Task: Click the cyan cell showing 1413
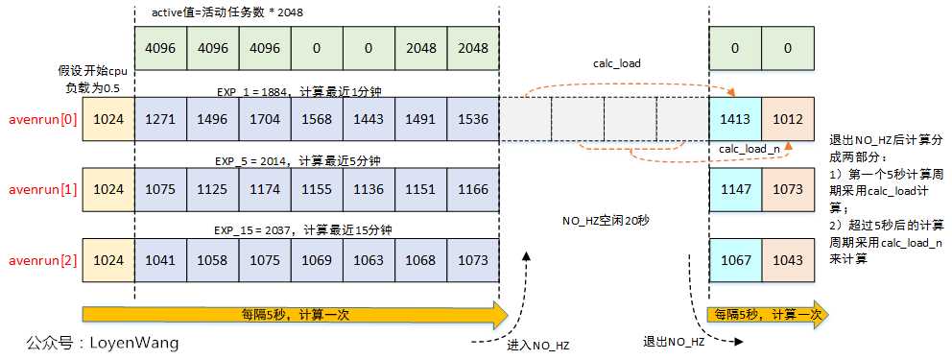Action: pyautogui.click(x=735, y=120)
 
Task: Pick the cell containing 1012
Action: pyautogui.click(x=787, y=120)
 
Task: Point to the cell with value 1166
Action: pyautogui.click(x=473, y=190)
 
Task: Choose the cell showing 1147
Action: pyautogui.click(x=735, y=190)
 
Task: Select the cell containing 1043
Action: pyautogui.click(x=787, y=260)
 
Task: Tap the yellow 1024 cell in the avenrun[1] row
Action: pyautogui.click(x=109, y=190)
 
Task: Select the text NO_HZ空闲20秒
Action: pyautogui.click(x=606, y=221)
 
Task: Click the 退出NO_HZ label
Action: pyautogui.click(x=675, y=342)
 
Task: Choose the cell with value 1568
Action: pyautogui.click(x=318, y=120)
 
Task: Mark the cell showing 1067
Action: pyautogui.click(x=735, y=260)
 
